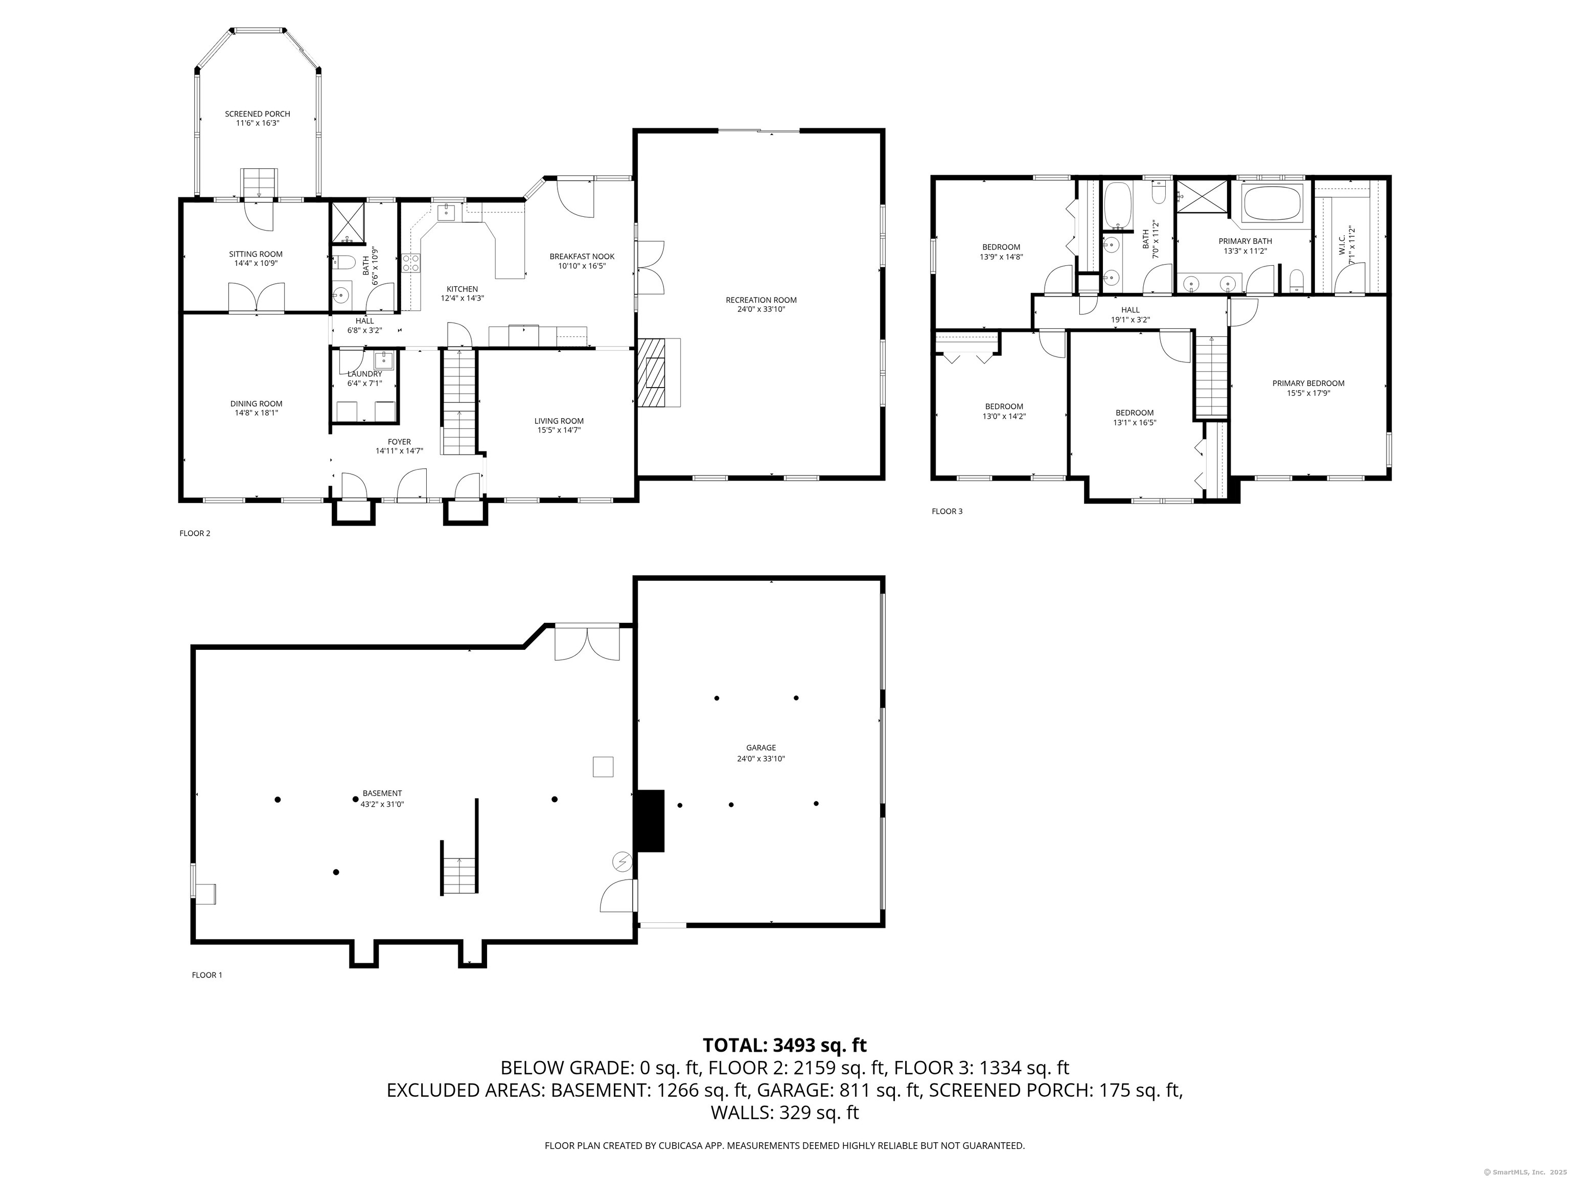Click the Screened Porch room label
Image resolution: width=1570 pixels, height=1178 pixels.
click(257, 114)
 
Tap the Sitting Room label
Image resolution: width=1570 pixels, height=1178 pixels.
click(256, 254)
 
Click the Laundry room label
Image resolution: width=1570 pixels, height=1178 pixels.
click(365, 374)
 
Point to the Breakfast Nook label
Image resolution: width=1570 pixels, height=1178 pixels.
click(582, 256)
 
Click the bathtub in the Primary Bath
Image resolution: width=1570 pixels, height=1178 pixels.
click(1274, 205)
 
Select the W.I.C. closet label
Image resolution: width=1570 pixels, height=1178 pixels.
click(1342, 241)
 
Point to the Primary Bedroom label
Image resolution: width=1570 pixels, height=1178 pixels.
click(1308, 383)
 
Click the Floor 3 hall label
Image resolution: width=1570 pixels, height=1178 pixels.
click(1130, 310)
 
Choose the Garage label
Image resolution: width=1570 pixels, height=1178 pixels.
click(761, 747)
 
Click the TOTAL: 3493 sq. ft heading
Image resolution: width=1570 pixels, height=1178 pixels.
click(784, 1045)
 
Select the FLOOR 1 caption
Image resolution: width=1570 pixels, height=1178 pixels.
click(207, 975)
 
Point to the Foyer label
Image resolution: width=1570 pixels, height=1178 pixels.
click(400, 442)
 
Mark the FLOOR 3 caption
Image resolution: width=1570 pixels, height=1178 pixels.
click(947, 511)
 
